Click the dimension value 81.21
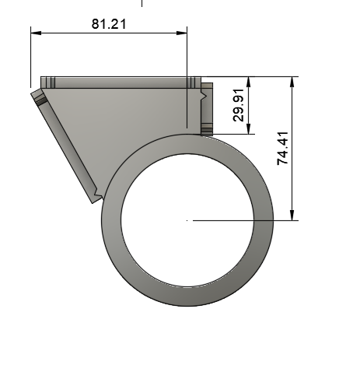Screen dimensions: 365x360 pyautogui.click(x=109, y=23)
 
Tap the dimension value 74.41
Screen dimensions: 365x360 pyautogui.click(x=282, y=148)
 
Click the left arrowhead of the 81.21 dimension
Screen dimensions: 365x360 pyautogui.click(x=35, y=33)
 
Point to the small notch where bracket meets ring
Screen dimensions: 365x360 pyautogui.click(x=96, y=194)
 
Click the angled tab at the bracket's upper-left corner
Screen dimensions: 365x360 pyautogui.click(x=37, y=97)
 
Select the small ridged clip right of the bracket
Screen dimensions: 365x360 pyautogui.click(x=207, y=109)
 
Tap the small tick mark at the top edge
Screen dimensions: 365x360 pyautogui.click(x=142, y=3)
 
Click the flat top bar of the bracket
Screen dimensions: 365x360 pyautogui.click(x=117, y=82)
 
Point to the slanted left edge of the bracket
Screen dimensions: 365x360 pyautogui.click(x=66, y=148)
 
